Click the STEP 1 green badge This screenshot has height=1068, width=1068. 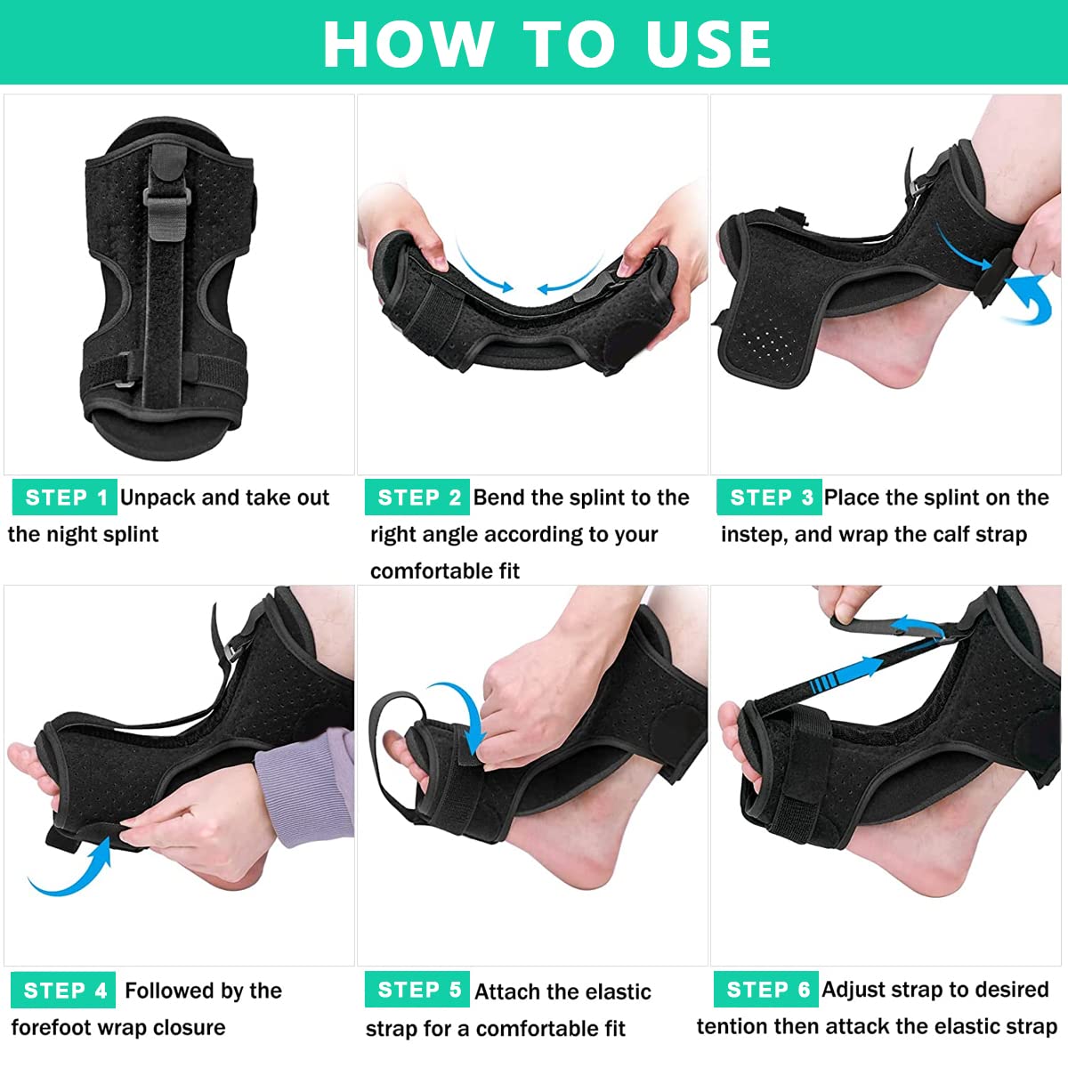click(64, 498)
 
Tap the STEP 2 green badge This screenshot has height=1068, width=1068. click(417, 498)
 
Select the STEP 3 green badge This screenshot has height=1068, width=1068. click(769, 498)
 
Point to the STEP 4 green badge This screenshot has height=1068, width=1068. click(63, 991)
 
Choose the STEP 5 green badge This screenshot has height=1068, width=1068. click(417, 990)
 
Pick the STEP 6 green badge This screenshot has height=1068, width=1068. click(765, 990)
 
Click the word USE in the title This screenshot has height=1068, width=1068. click(708, 43)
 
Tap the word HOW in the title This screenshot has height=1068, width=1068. click(408, 43)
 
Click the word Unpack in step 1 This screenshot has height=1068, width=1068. click(158, 498)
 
